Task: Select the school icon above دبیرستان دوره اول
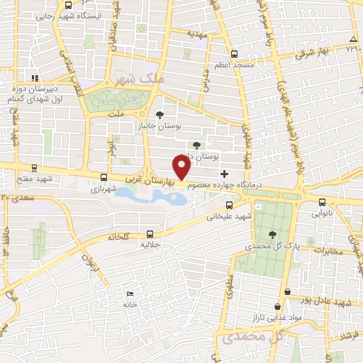[32, 78]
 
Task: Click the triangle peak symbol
[353, 38]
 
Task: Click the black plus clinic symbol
[225, 174]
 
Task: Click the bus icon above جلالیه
[150, 233]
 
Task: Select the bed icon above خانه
[129, 294]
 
